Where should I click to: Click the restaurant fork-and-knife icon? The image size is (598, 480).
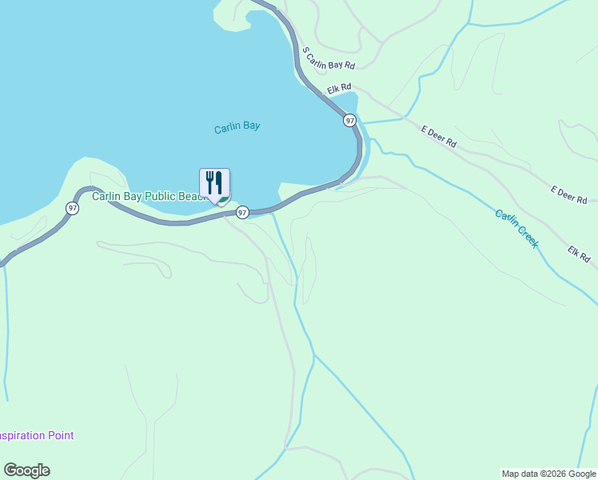tap(214, 183)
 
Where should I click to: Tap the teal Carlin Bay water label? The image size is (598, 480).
tap(237, 127)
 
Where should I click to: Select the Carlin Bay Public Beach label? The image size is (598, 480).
tap(149, 196)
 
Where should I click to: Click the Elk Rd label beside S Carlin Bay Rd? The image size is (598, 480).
tap(339, 87)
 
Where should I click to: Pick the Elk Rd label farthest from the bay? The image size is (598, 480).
tap(579, 254)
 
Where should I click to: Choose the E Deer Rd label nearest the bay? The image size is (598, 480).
tap(439, 136)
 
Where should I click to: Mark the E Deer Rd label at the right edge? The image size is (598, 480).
tap(568, 194)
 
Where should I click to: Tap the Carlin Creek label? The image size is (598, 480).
tap(516, 228)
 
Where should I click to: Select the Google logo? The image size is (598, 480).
tap(26, 470)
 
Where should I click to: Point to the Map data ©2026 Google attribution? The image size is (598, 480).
tap(548, 474)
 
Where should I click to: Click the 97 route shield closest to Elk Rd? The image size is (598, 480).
tap(349, 120)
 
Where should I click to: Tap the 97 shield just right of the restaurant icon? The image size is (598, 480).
tap(242, 212)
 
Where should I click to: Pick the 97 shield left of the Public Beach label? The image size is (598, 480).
tap(73, 208)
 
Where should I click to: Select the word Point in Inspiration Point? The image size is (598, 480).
tap(61, 436)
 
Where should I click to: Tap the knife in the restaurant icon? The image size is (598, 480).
tap(218, 182)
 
